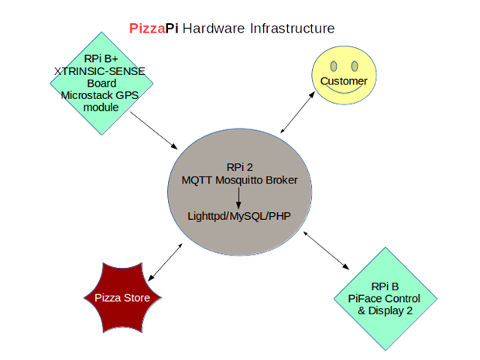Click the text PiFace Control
tap(384, 298)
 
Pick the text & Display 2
tap(384, 310)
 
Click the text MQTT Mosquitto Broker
tap(245, 180)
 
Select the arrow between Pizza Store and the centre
tap(165, 261)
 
